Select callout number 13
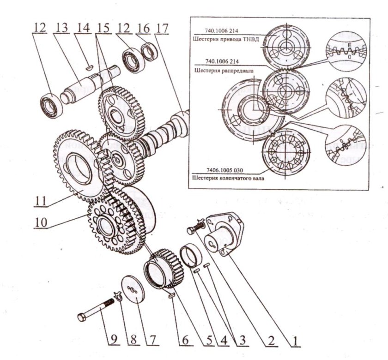[61, 27]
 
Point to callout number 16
[144, 27]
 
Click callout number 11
[40, 201]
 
